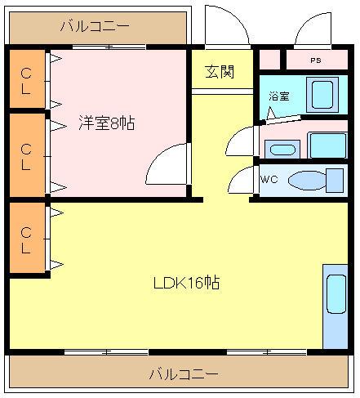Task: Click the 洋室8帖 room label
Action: [x=107, y=123]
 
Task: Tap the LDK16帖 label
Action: [x=187, y=283]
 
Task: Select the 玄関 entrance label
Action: [x=220, y=72]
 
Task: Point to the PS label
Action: [x=316, y=60]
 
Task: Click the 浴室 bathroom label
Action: [x=279, y=96]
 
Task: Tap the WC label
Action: [x=269, y=179]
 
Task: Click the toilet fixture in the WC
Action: [x=316, y=181]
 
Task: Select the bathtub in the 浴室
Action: [x=322, y=95]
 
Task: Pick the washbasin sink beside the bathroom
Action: [x=282, y=150]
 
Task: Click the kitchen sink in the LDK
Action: [x=336, y=294]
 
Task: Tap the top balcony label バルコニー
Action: [x=95, y=26]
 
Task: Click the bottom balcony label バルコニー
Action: [x=184, y=374]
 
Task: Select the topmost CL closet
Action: [x=27, y=79]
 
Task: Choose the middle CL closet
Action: [x=27, y=154]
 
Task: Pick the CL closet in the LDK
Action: [x=27, y=237]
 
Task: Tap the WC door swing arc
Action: [x=235, y=174]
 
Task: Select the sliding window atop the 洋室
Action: [x=109, y=47]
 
